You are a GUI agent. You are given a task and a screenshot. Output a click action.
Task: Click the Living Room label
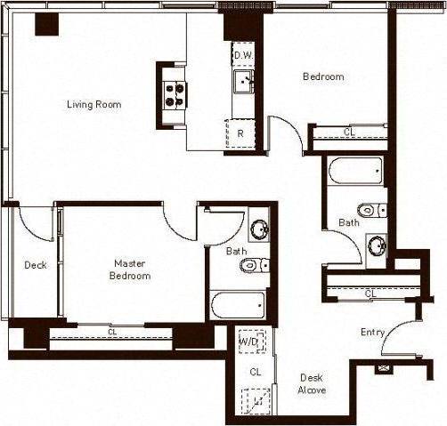(x=93, y=105)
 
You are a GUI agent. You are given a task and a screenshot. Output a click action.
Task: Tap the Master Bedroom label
(x=129, y=269)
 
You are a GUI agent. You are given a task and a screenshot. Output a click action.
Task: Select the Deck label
(x=35, y=265)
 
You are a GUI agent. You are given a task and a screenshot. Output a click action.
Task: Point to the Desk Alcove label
(x=312, y=383)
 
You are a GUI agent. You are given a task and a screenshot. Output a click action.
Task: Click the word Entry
(x=372, y=333)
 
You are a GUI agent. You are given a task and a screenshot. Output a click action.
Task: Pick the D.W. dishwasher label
(x=243, y=55)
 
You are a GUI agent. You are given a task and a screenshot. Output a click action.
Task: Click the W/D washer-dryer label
(x=249, y=341)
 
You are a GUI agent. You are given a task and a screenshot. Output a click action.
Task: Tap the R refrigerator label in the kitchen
(x=240, y=134)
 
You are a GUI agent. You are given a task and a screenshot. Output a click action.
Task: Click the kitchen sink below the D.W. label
(x=243, y=83)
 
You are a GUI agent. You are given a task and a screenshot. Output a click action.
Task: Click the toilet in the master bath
(x=255, y=264)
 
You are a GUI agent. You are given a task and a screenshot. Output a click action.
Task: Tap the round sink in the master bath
(x=259, y=228)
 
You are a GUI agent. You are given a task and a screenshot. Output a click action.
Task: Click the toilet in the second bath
(x=373, y=210)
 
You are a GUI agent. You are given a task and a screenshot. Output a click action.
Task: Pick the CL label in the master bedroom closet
(x=112, y=333)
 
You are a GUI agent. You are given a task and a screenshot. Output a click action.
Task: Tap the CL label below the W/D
(x=255, y=372)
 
